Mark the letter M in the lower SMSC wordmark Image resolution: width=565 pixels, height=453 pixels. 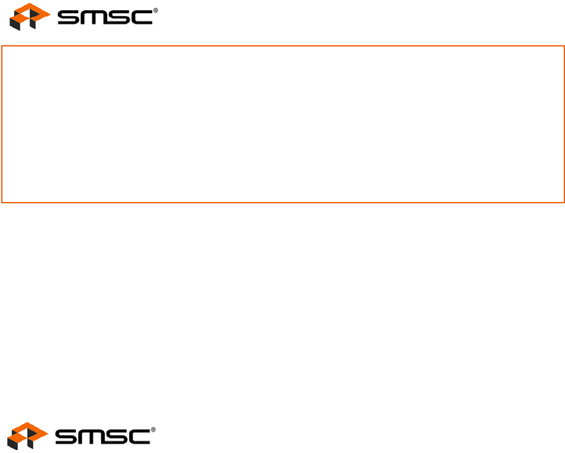[92, 437]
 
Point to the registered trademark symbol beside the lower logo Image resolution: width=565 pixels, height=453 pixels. [153, 429]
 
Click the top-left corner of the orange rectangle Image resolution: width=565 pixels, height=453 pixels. [2, 45]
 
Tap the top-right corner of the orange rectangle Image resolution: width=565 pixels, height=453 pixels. [564, 45]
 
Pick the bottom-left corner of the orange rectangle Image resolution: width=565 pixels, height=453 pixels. [2, 202]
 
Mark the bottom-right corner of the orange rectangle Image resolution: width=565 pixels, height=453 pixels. [564, 202]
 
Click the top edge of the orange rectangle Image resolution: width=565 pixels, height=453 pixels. [283, 45]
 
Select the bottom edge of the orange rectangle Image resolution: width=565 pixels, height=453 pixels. [283, 202]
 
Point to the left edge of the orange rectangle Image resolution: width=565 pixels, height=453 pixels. [2, 124]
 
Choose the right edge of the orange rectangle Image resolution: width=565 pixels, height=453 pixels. [564, 124]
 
